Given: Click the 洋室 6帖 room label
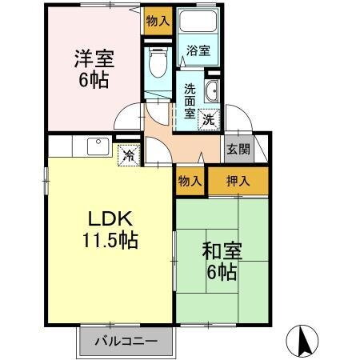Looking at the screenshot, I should [x=94, y=69].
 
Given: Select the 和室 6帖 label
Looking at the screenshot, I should [x=218, y=260].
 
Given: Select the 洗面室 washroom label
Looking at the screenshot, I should [x=189, y=101].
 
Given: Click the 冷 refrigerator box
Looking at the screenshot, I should [x=127, y=155].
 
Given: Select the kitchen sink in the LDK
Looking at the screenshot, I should [x=97, y=146].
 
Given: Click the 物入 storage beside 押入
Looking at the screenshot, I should [x=190, y=182].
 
